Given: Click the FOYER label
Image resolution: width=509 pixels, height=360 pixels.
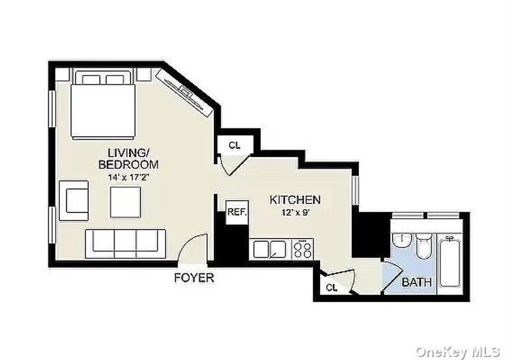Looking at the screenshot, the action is (x=194, y=278).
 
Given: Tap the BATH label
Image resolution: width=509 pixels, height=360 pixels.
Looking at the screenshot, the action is (x=417, y=282).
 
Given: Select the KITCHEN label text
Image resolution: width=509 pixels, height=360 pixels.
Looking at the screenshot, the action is (x=295, y=200).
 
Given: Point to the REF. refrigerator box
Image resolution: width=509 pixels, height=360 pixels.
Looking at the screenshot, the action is (x=237, y=212).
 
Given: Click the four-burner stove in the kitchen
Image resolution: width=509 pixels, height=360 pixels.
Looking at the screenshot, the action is (x=303, y=249).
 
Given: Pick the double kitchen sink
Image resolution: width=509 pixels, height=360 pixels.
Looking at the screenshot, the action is (x=270, y=249).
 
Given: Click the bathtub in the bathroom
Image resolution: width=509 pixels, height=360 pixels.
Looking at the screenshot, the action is (x=450, y=261).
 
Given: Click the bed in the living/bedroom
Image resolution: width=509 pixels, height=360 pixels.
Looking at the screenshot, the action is (x=103, y=104).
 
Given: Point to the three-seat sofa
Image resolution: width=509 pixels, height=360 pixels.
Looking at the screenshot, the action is (x=125, y=244).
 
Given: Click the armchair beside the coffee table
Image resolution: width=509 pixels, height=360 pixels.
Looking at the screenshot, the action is (x=74, y=200).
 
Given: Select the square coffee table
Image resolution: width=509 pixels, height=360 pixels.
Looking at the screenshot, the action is (x=125, y=202).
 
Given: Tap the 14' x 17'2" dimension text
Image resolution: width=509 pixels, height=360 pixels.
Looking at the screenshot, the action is (x=129, y=177).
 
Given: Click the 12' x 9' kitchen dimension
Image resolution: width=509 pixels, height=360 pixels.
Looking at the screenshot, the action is (x=295, y=213).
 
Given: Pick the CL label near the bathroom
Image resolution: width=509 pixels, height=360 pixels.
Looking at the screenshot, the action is (x=331, y=287).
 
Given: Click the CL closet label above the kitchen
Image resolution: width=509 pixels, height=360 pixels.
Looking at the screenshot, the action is (x=234, y=146).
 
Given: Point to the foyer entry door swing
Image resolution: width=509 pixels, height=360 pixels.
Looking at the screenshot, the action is (x=192, y=247).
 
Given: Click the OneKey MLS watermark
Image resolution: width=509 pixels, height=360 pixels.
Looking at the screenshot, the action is (x=457, y=352).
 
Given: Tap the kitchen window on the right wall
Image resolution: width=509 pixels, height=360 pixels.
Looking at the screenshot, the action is (x=356, y=190).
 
